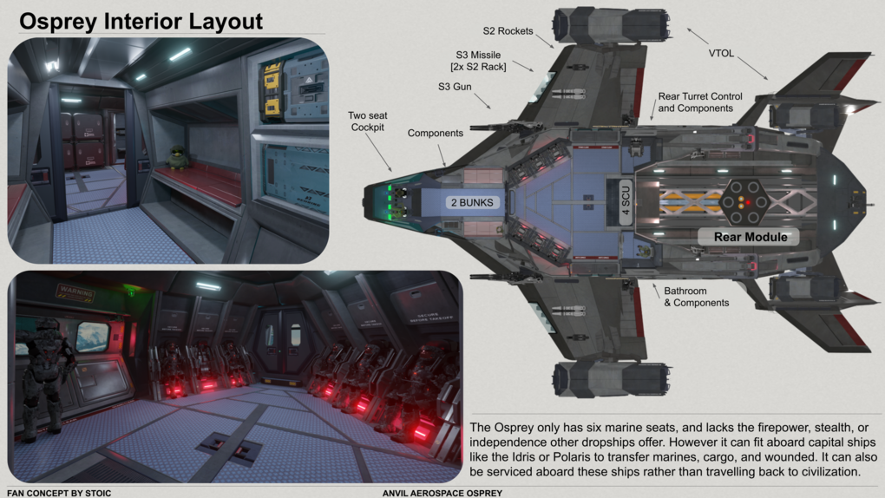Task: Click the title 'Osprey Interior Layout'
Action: [x=141, y=21]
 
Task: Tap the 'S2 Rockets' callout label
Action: [x=507, y=31]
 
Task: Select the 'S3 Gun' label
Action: [x=455, y=87]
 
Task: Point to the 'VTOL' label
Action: [x=721, y=54]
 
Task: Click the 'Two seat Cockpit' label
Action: [x=368, y=121]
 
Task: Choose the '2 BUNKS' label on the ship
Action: [x=473, y=202]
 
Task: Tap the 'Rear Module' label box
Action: [x=751, y=237]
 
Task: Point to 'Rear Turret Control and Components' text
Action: [x=700, y=102]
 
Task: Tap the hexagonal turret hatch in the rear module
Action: [x=745, y=202]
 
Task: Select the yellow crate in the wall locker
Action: [x=272, y=90]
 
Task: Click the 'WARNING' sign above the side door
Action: [x=75, y=294]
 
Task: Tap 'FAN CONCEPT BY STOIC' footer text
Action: [x=59, y=493]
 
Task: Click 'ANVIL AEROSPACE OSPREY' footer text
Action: [x=442, y=493]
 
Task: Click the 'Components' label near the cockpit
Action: [x=435, y=133]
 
